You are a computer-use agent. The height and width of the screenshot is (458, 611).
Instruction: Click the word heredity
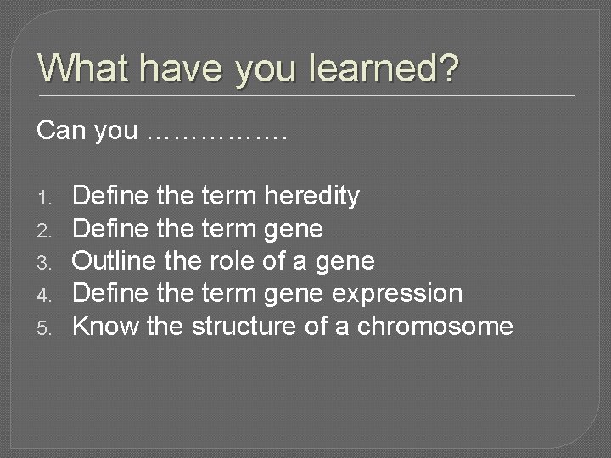pos(312,197)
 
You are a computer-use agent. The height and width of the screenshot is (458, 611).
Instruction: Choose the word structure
pos(241,326)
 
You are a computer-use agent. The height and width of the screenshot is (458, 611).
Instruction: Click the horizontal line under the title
pos(305,94)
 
